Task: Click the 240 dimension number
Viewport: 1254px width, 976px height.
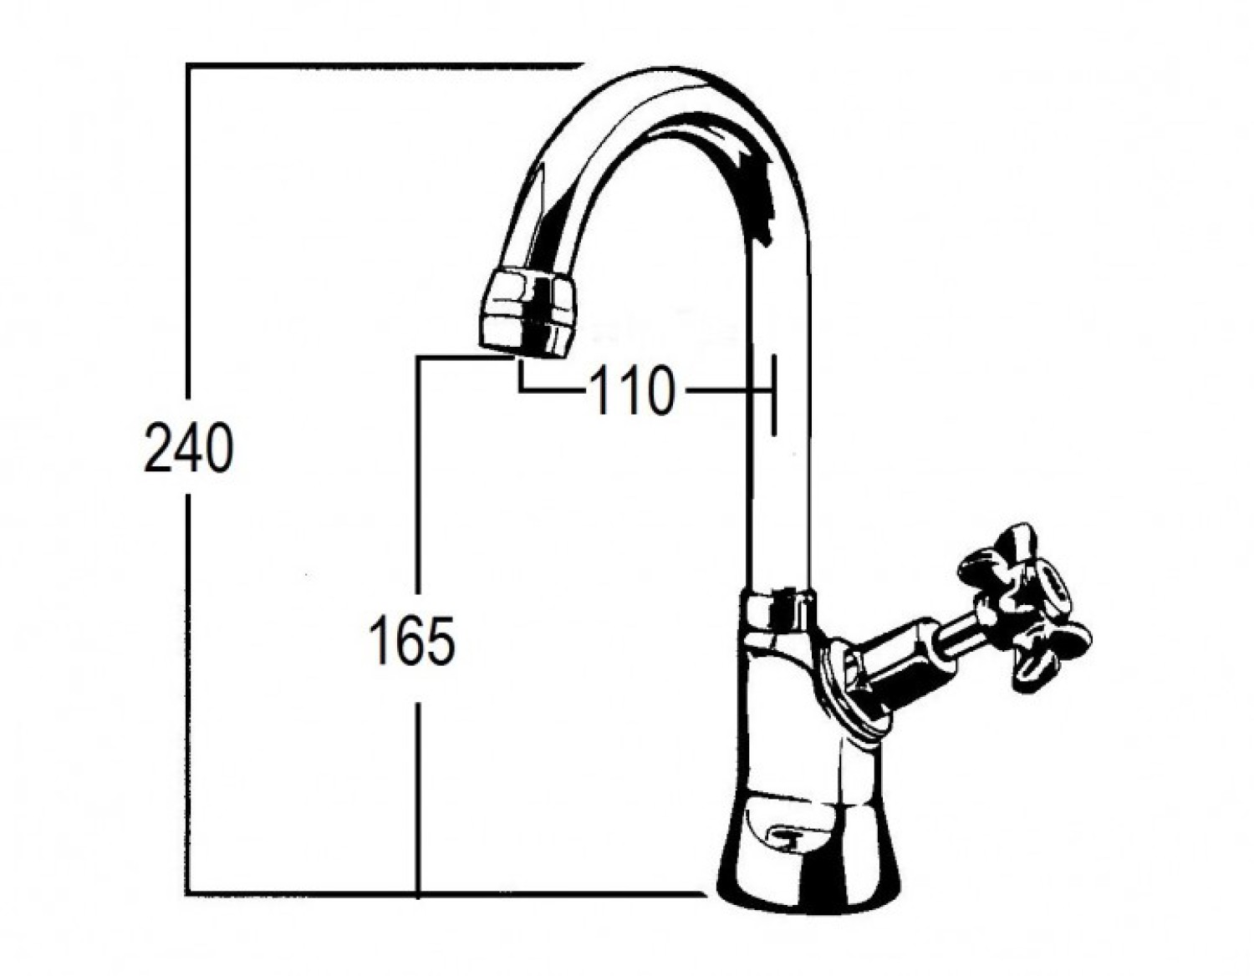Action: click(189, 449)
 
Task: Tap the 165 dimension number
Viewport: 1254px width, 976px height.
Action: click(413, 641)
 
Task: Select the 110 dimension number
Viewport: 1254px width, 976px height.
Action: click(631, 391)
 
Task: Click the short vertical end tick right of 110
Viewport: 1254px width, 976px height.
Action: click(773, 394)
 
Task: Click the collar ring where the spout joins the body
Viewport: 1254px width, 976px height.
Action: click(779, 606)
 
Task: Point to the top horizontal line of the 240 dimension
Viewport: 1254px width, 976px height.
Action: click(376, 66)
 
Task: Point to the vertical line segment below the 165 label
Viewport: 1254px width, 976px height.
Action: click(418, 794)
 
